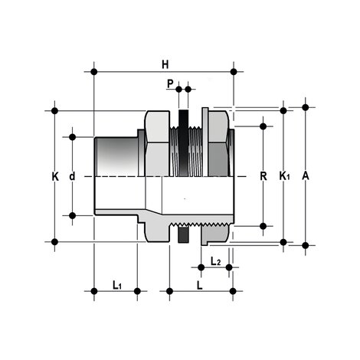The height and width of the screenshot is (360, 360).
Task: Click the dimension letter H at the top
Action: pos(165,64)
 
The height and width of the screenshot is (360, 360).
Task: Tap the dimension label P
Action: pos(170,83)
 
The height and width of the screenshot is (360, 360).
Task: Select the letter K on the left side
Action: pos(55,176)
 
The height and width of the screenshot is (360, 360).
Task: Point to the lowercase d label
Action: pos(72,176)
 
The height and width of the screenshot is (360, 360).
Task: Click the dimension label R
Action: pos(263,176)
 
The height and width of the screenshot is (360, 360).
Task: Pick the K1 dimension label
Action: pos(284,176)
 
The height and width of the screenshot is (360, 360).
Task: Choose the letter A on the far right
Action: pos(306,176)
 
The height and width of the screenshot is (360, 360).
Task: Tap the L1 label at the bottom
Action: pos(117,285)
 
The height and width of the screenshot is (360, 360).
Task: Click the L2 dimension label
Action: pos(215,261)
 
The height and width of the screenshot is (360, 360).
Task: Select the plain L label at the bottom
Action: pos(200,285)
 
